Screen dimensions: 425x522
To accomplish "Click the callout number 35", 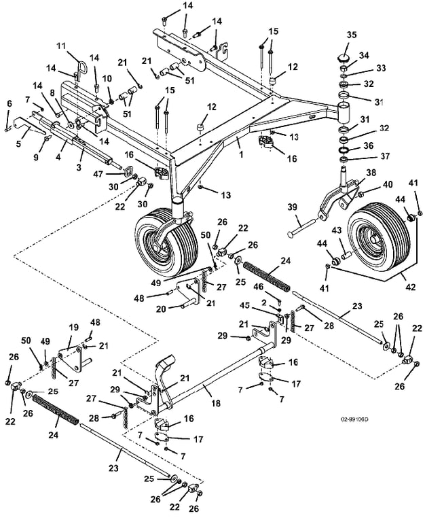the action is (x=352, y=35).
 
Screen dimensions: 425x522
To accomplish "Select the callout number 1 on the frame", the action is (x=241, y=154).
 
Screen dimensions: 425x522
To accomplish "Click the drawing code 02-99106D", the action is (x=354, y=419).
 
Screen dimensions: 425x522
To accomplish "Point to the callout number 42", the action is (x=411, y=287).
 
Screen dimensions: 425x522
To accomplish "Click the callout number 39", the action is (x=292, y=207).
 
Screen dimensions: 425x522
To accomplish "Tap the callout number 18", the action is (x=216, y=403).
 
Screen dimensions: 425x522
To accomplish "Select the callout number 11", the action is (x=60, y=46).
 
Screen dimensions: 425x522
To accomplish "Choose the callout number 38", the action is (x=371, y=173).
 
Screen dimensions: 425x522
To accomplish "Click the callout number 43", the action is (x=337, y=230).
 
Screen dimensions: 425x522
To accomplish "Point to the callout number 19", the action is (x=74, y=327).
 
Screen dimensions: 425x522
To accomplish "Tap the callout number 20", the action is (x=161, y=309).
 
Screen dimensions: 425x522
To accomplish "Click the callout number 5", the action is (x=18, y=143).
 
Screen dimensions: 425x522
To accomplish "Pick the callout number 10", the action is (x=107, y=79).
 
